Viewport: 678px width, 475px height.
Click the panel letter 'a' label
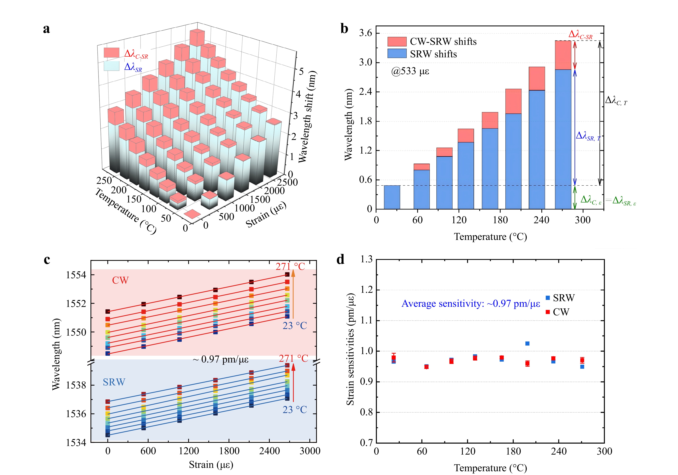point(46,29)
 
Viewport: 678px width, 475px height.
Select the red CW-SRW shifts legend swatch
point(397,42)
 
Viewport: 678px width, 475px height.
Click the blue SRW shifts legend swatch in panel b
point(397,54)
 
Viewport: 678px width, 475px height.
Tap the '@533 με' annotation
point(410,71)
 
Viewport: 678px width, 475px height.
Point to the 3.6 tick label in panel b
point(365,33)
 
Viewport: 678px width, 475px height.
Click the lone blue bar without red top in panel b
point(392,197)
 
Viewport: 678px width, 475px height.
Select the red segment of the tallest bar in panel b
point(563,55)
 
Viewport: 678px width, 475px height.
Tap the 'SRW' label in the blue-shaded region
point(114,382)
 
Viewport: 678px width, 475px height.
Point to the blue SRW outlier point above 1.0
point(527,343)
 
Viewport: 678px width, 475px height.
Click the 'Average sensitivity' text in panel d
point(471,304)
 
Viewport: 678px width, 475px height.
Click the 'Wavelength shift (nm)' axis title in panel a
point(307,116)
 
